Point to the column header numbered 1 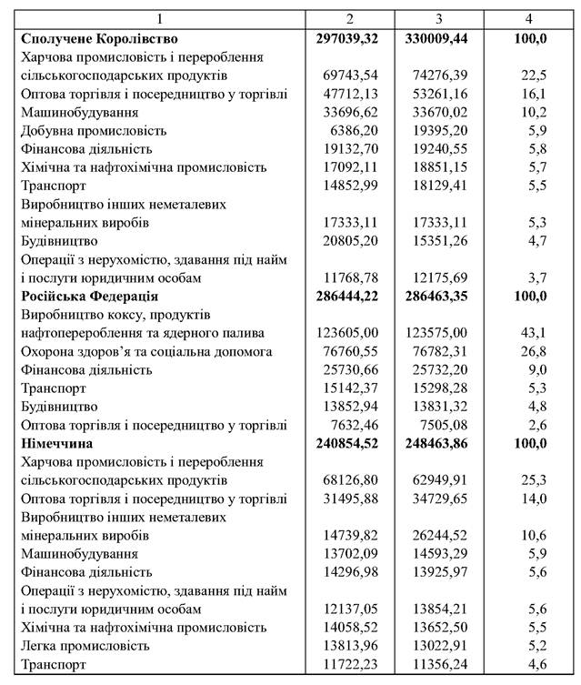point(160,19)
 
